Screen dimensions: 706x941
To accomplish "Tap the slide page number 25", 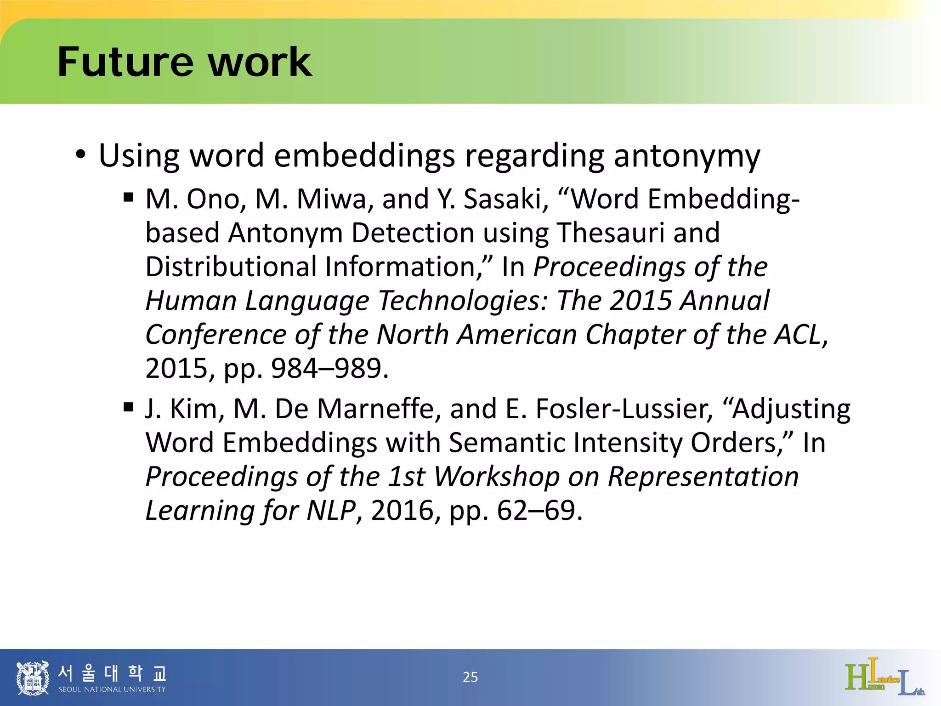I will (x=470, y=677).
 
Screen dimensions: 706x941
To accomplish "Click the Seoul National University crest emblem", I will (x=33, y=677).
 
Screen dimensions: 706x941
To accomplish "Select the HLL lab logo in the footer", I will (x=884, y=677).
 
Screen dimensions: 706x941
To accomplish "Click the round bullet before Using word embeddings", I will (x=81, y=154).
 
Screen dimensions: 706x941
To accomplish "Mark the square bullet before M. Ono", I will (x=128, y=198).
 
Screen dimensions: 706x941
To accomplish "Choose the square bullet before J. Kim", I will (x=128, y=407).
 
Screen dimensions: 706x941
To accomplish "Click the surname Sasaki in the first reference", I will (x=506, y=199).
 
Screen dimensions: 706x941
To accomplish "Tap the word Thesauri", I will (x=611, y=233).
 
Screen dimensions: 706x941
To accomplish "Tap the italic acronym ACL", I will (x=801, y=334).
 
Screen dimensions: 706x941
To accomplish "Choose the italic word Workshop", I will (x=497, y=477).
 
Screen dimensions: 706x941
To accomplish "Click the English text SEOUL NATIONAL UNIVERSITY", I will (x=112, y=689).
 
